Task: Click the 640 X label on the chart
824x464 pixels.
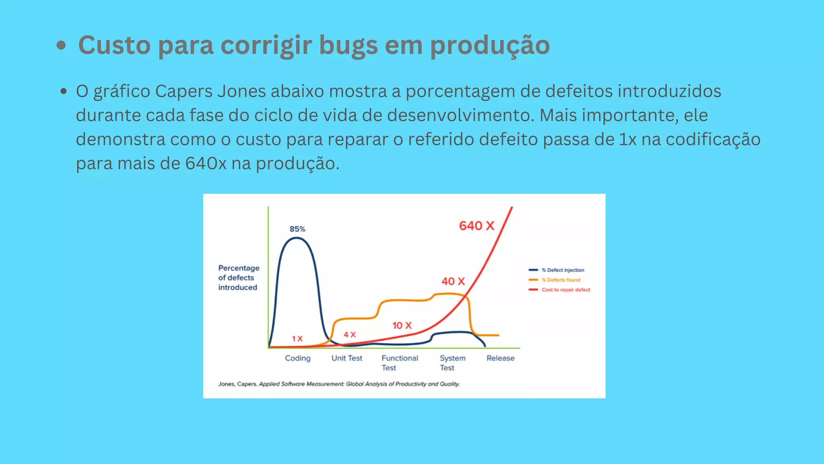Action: [x=476, y=226]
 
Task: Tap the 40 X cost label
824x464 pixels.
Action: [x=453, y=281]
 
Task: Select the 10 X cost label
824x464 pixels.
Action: [x=402, y=325]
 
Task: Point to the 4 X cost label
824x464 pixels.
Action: [x=350, y=335]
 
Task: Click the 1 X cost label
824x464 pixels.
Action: [x=297, y=339]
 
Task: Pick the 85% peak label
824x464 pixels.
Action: [x=297, y=229]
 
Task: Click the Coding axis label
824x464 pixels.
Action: [x=298, y=358]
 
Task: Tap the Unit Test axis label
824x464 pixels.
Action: [x=347, y=358]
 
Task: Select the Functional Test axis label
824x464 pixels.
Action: [x=400, y=362]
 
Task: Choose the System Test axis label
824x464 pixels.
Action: [x=452, y=362]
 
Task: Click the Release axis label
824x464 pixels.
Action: [x=501, y=358]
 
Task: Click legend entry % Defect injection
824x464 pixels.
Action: [x=562, y=270]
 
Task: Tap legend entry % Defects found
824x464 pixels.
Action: [x=561, y=280]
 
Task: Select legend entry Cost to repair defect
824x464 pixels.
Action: [x=566, y=290]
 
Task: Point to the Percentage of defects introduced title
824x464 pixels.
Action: [x=239, y=278]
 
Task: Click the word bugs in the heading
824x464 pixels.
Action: [x=348, y=45]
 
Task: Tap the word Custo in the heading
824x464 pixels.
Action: [x=114, y=45]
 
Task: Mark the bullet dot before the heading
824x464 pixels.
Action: [x=61, y=45]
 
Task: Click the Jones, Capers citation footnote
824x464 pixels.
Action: [x=339, y=384]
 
